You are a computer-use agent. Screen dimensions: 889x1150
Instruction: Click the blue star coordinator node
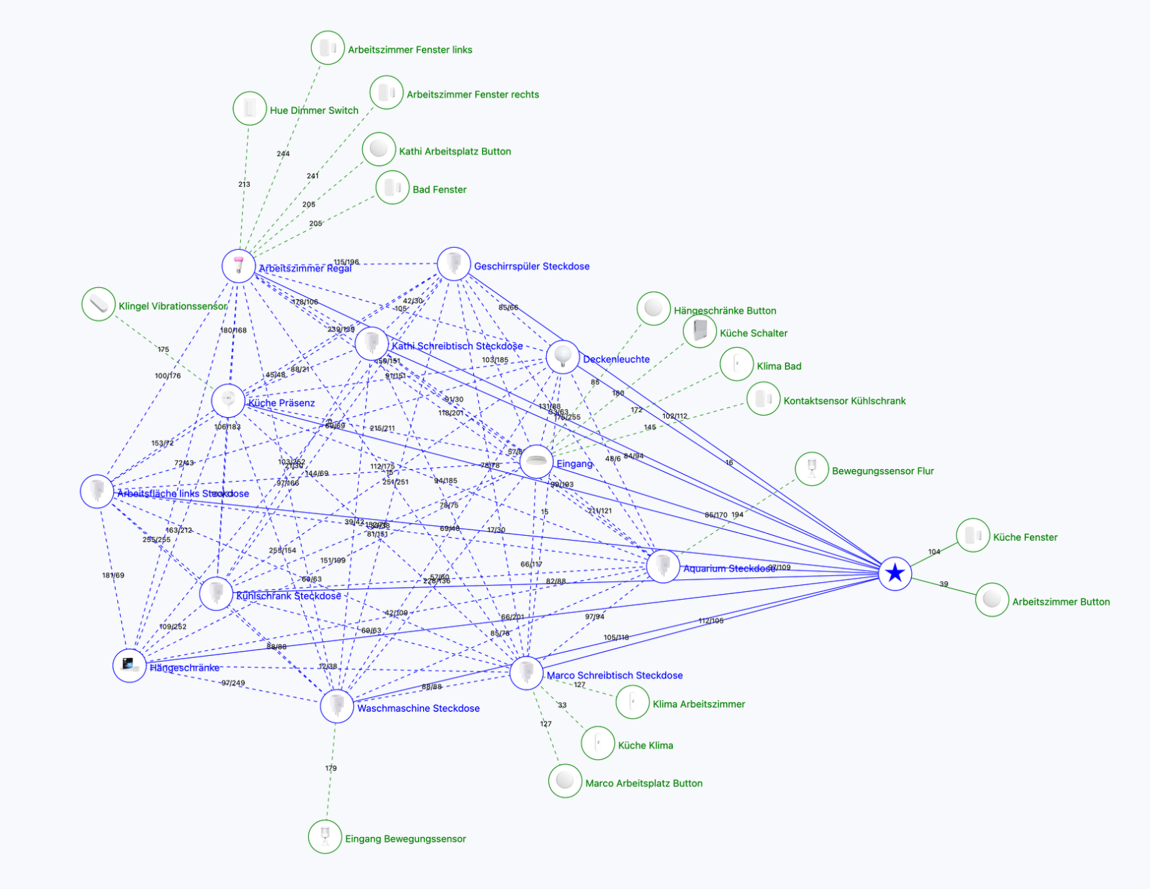pyautogui.click(x=895, y=574)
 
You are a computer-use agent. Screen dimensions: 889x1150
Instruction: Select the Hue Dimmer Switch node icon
pyautogui.click(x=250, y=109)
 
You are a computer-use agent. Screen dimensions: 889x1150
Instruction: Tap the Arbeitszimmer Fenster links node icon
pyautogui.click(x=328, y=48)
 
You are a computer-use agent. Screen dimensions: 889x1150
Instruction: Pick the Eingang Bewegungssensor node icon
pyautogui.click(x=325, y=836)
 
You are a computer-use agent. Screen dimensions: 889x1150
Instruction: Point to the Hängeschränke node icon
pyautogui.click(x=130, y=664)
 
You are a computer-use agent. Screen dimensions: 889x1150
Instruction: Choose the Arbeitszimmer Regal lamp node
pyautogui.click(x=239, y=265)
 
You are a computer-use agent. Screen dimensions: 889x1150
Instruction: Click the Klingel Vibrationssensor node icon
pyautogui.click(x=98, y=304)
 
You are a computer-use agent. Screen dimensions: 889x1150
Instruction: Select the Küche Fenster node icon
pyautogui.click(x=973, y=535)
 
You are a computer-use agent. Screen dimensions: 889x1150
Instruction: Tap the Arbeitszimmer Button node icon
pyautogui.click(x=992, y=600)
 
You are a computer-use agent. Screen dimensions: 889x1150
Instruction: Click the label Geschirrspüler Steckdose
pyautogui.click(x=531, y=266)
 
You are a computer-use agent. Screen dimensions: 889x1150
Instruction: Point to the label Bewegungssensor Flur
pyautogui.click(x=883, y=471)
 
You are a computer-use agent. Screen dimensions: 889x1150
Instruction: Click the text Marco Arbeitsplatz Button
pyautogui.click(x=644, y=783)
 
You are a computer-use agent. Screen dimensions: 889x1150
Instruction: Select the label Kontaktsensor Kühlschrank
pyautogui.click(x=845, y=401)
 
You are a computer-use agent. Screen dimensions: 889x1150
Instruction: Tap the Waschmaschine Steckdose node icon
pyautogui.click(x=337, y=706)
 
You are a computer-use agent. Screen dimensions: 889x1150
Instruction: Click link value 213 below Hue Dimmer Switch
pyautogui.click(x=244, y=185)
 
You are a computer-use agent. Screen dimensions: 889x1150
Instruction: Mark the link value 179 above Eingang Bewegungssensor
pyautogui.click(x=331, y=768)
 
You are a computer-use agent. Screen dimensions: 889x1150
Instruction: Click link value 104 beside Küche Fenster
pyautogui.click(x=934, y=552)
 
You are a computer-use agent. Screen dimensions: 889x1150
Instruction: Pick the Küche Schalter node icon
pyautogui.click(x=701, y=330)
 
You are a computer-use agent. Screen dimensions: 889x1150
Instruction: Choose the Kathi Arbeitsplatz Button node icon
pyautogui.click(x=379, y=149)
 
